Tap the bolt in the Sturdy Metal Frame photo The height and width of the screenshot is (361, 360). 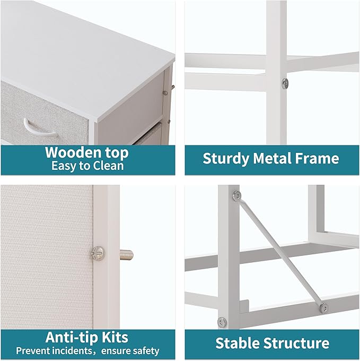click(285, 82)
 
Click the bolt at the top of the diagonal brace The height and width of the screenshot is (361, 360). click(236, 195)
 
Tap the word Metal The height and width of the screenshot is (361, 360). click(277, 158)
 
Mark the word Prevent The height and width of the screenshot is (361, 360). click(33, 350)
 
